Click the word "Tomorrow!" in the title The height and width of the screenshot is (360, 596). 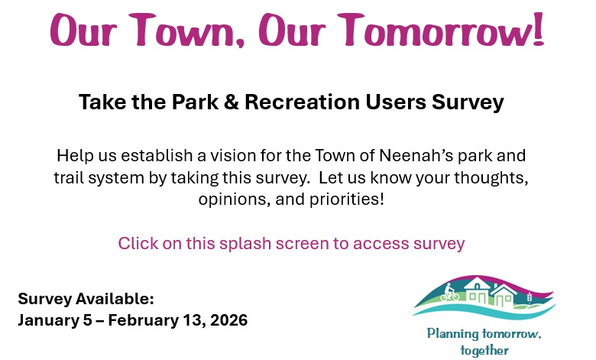(442, 31)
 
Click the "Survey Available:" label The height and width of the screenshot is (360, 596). (86, 298)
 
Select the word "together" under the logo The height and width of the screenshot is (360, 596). (484, 350)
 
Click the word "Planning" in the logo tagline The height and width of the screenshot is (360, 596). (452, 334)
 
